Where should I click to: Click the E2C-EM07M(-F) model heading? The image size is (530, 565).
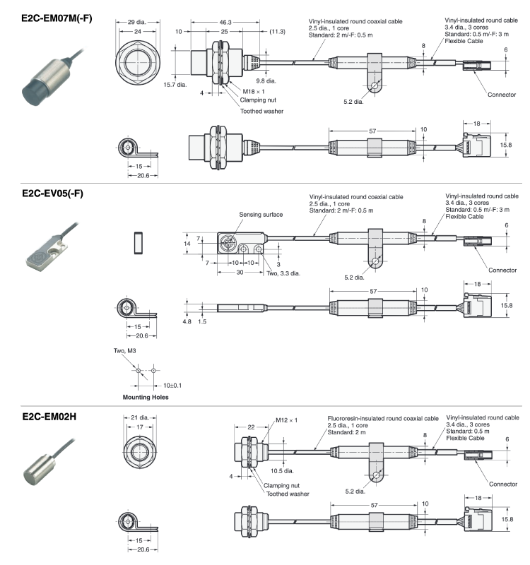(57, 18)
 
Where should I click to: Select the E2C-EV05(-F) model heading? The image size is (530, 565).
(52, 194)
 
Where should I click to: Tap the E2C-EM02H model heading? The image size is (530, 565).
(49, 417)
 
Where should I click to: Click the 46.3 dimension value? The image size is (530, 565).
(225, 23)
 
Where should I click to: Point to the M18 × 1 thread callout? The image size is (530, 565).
(254, 92)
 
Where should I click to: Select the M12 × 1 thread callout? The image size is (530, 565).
(287, 420)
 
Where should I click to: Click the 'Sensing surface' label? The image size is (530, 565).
(261, 215)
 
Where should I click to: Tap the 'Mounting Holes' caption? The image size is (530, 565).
(146, 397)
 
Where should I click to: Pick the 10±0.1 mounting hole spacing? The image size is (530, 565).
(172, 386)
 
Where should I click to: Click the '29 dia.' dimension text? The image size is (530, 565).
(136, 22)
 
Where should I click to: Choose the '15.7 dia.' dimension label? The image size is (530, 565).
(175, 85)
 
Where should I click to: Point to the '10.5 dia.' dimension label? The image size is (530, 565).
(282, 471)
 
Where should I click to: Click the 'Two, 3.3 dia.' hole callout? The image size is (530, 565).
(283, 273)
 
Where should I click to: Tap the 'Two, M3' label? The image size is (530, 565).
(125, 350)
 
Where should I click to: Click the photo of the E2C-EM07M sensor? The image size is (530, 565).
(52, 78)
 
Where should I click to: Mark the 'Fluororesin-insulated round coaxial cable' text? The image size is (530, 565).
(383, 419)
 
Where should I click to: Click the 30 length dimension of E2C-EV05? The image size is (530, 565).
(240, 273)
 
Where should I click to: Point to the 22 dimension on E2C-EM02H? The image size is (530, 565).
(251, 427)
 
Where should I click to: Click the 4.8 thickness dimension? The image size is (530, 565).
(187, 321)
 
